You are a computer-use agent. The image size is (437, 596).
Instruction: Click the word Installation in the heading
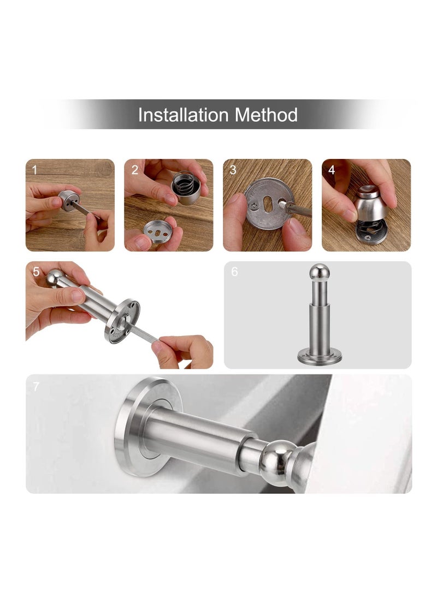click(x=182, y=115)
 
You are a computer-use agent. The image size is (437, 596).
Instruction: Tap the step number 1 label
click(x=35, y=170)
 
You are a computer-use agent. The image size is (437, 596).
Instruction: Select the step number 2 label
click(x=134, y=170)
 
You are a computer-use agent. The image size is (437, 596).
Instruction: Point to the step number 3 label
click(x=233, y=170)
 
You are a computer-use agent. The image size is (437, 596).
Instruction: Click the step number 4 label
click(x=332, y=170)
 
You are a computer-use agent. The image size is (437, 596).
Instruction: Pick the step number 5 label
click(x=36, y=272)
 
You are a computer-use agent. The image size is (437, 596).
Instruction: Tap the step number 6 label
click(x=235, y=272)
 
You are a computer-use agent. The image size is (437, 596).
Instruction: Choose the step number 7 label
click(x=36, y=387)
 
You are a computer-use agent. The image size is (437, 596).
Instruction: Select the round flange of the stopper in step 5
click(x=123, y=322)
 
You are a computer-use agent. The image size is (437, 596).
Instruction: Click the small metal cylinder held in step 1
click(x=70, y=200)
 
